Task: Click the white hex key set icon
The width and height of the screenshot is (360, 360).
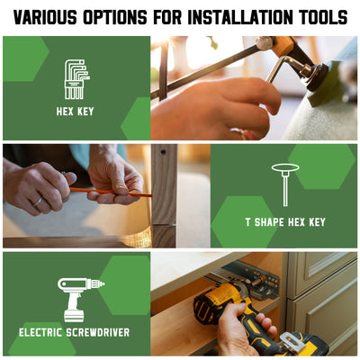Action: tap(76, 79)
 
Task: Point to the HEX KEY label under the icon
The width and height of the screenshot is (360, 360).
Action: tap(75, 112)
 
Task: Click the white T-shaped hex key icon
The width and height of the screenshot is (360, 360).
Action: tap(285, 184)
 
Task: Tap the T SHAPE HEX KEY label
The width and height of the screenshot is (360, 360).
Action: tap(285, 222)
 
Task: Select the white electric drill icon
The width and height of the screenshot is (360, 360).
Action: tap(80, 300)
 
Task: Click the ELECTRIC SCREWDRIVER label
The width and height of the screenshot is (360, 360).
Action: tap(74, 332)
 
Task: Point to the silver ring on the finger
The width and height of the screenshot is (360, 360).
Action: tap(38, 202)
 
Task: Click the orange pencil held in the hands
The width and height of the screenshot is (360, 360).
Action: tap(108, 192)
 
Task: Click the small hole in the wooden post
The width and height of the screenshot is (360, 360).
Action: tap(163, 152)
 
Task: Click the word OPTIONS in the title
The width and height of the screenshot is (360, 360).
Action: tap(115, 17)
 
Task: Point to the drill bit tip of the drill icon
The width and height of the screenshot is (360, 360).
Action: tap(103, 283)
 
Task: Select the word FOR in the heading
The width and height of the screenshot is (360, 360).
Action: tap(167, 17)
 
